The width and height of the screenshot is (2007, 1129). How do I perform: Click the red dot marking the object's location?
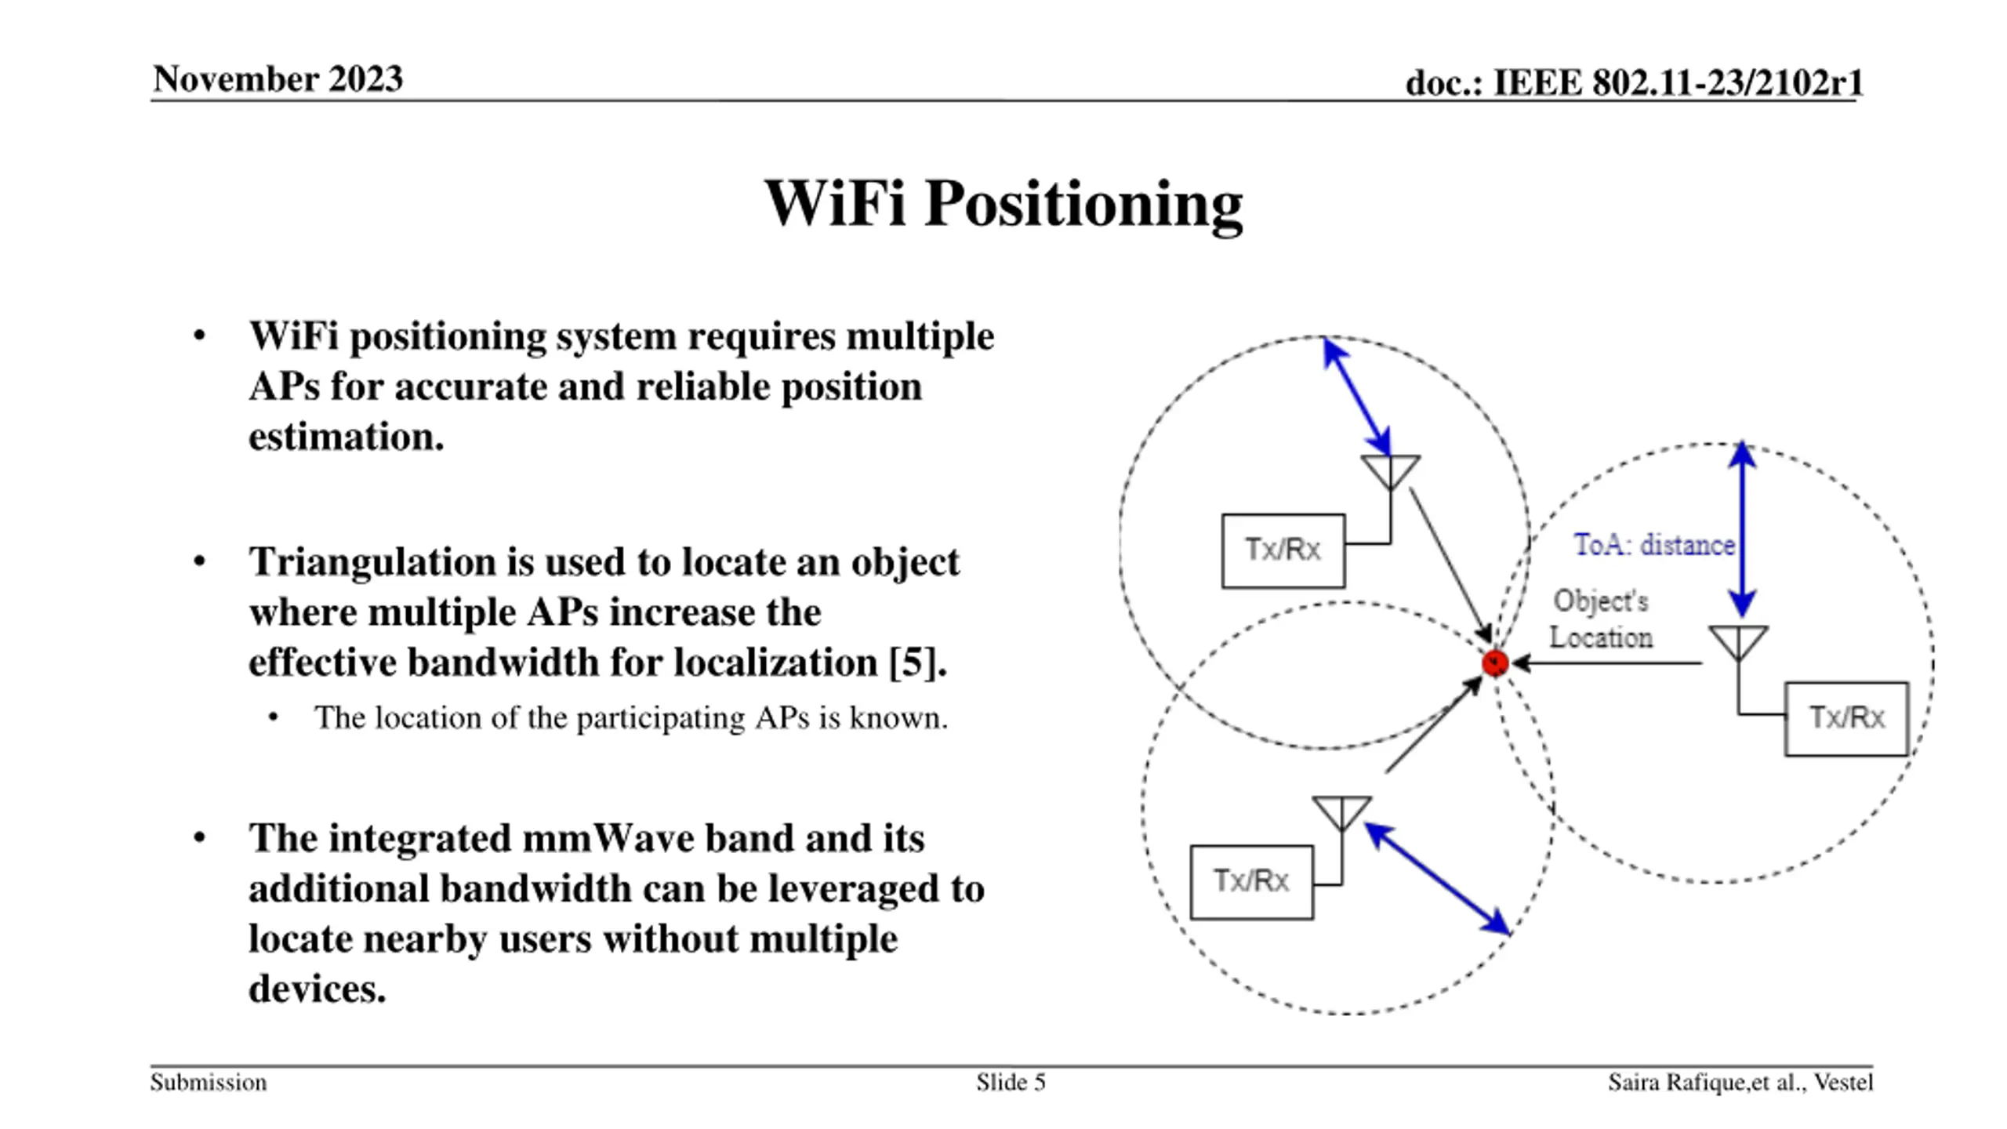pos(1495,663)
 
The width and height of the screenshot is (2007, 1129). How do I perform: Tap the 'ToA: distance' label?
pos(1653,545)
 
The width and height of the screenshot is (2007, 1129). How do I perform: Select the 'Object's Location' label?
pos(1601,619)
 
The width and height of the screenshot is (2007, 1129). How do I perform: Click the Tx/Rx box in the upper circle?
pos(1283,550)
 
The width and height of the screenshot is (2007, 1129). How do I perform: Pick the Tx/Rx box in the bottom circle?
pos(1251,882)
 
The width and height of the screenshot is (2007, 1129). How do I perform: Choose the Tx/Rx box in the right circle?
pos(1846,718)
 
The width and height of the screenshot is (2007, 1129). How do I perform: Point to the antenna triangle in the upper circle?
pos(1391,470)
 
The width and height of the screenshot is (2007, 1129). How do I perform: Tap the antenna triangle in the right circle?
pos(1738,641)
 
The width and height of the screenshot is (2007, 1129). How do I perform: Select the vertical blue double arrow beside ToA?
pos(1742,529)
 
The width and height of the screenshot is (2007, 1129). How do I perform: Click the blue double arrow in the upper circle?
pos(1357,397)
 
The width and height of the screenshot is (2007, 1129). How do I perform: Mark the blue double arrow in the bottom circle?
pos(1438,878)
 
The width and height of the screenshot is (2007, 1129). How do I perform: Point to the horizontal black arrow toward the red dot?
pos(1607,663)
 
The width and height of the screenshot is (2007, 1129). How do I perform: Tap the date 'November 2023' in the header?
pos(278,79)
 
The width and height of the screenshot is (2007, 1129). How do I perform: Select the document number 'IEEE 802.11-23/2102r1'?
pos(1678,82)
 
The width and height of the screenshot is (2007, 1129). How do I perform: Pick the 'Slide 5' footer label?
pos(1011,1083)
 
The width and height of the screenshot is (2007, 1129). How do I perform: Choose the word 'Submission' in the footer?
pos(209,1083)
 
